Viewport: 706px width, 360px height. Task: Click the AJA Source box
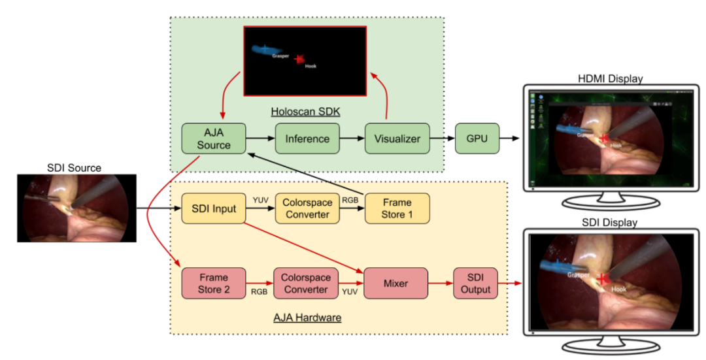[214, 139]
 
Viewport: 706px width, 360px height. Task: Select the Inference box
[306, 139]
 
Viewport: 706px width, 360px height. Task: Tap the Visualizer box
[397, 139]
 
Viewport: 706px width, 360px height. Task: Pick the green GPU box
[475, 139]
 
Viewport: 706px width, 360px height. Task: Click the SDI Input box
[214, 209]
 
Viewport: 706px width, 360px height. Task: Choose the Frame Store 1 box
[397, 209]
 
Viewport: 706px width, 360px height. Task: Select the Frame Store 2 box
[214, 283]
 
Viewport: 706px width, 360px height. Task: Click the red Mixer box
[395, 284]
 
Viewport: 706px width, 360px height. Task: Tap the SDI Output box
[475, 284]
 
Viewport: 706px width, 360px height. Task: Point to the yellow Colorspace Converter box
[306, 209]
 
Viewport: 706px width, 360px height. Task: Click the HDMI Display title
[610, 78]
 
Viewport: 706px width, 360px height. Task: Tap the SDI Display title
[610, 223]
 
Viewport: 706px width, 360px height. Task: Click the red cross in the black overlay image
[299, 59]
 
